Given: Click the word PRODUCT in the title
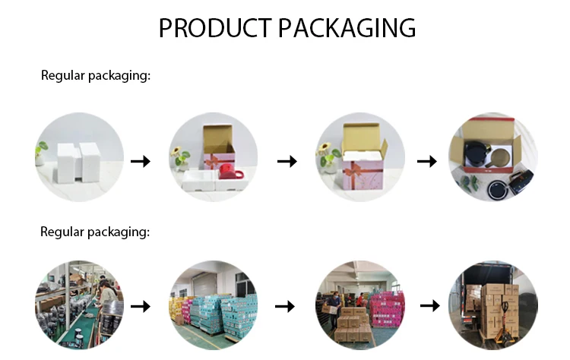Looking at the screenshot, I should [x=214, y=28].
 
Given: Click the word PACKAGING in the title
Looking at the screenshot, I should [x=347, y=28].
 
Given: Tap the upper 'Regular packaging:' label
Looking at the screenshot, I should [x=95, y=75].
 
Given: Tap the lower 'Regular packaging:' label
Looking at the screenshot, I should [x=95, y=232].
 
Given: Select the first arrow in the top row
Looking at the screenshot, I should [x=140, y=161].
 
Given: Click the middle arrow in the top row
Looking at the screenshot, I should [x=286, y=161].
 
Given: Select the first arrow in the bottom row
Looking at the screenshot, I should [x=140, y=306].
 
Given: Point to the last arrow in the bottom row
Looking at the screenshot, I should [x=430, y=305].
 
